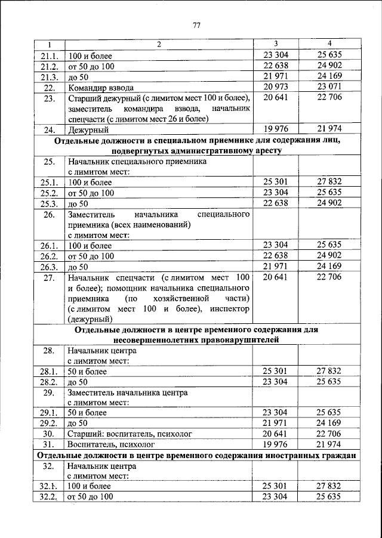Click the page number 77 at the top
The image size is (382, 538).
(x=196, y=24)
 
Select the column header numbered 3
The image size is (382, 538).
(x=276, y=45)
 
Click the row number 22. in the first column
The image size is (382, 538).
(x=49, y=87)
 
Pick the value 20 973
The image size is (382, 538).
(x=275, y=87)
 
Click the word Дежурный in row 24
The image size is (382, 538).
(x=88, y=129)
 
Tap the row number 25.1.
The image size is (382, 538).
(x=48, y=183)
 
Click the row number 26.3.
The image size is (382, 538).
(x=48, y=267)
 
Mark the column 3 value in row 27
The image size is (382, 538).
(x=275, y=278)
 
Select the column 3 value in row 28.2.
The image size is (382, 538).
(x=275, y=381)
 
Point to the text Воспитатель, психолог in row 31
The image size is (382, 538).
(x=112, y=444)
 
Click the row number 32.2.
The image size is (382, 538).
(x=48, y=497)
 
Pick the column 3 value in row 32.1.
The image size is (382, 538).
(x=275, y=486)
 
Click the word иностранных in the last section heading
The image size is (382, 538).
(x=286, y=456)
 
